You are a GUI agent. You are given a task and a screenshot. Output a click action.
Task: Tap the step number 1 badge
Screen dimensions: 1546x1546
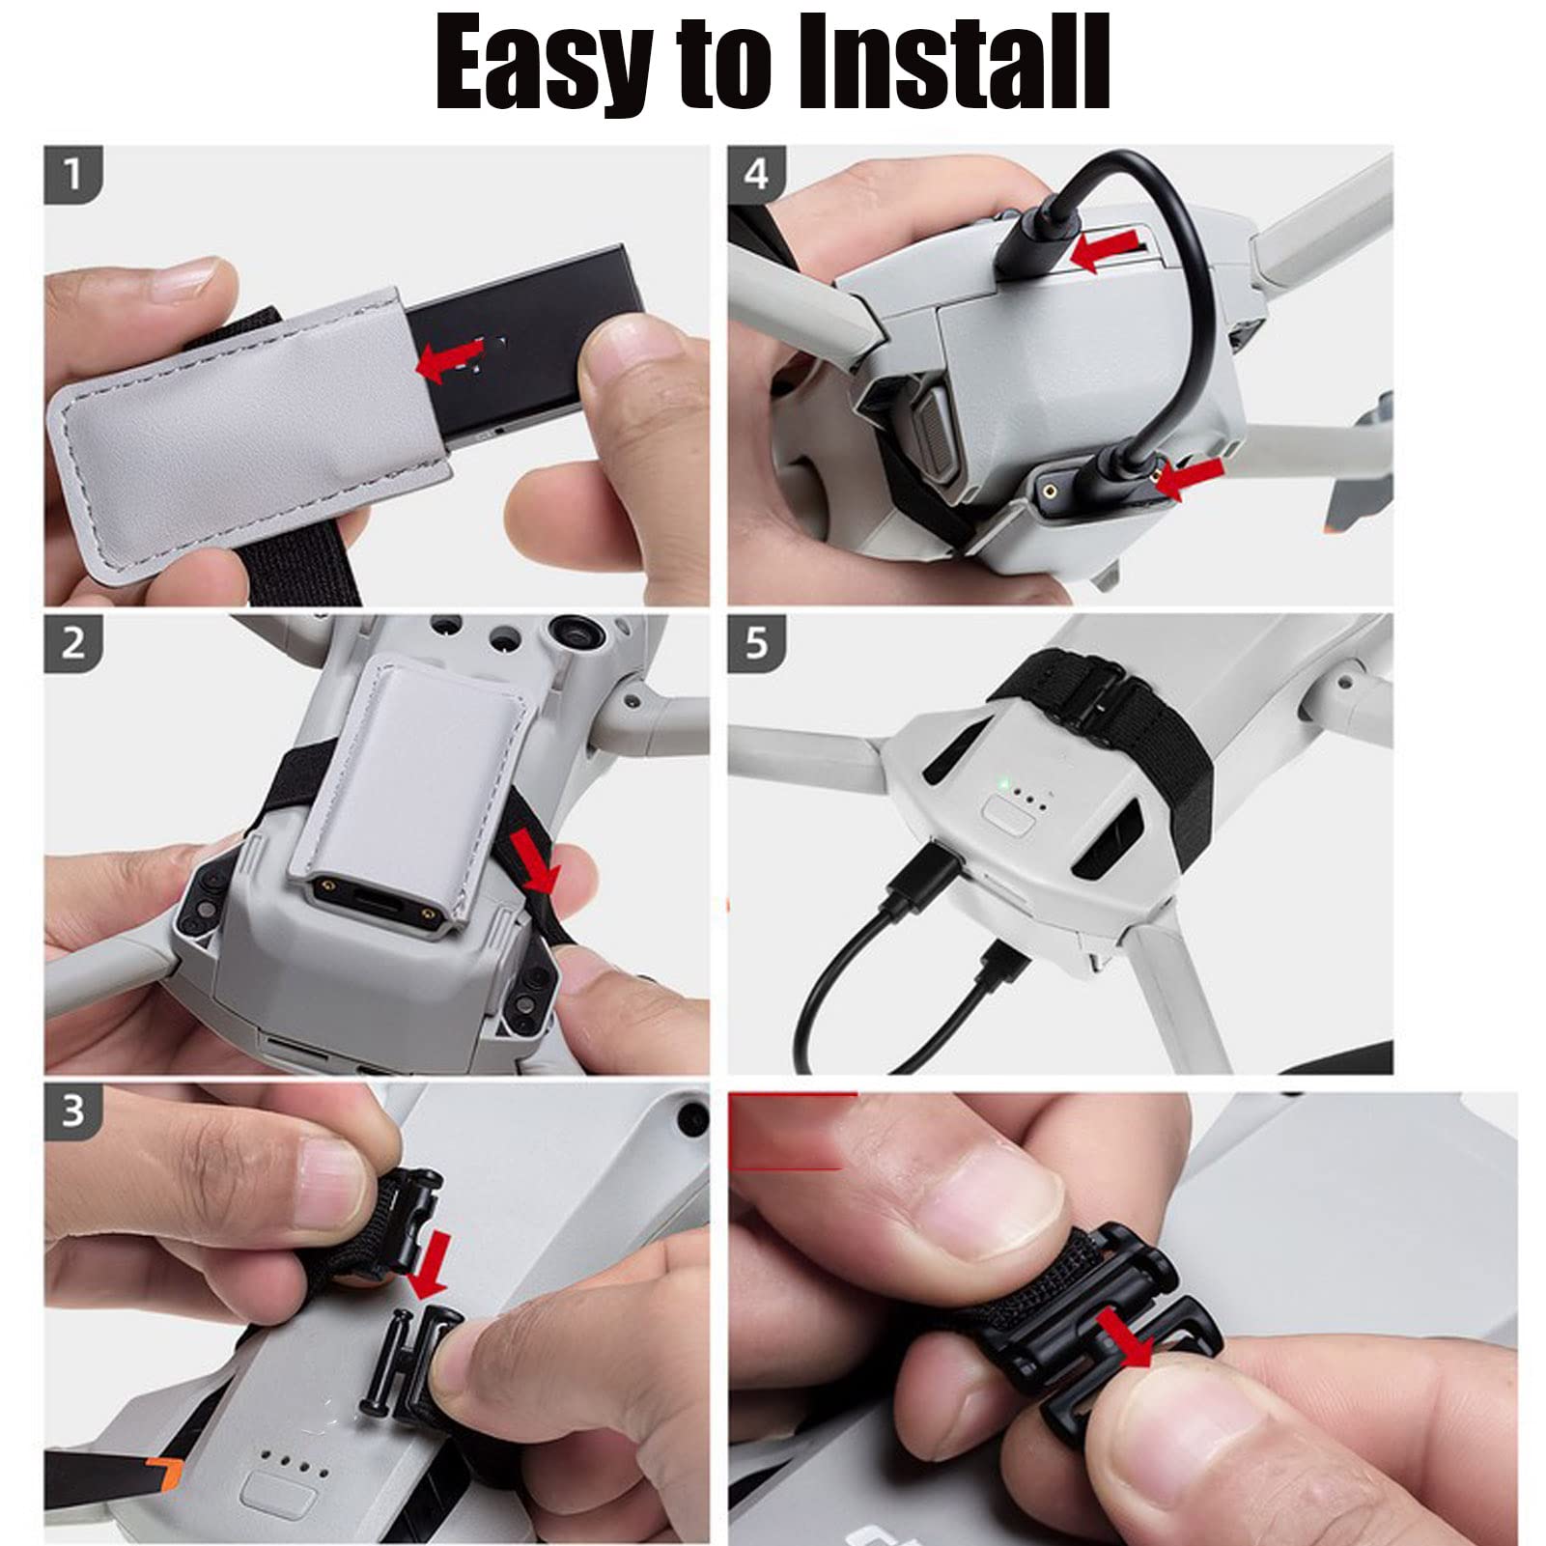(x=72, y=175)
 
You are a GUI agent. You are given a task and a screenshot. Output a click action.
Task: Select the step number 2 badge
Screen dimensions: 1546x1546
(x=72, y=643)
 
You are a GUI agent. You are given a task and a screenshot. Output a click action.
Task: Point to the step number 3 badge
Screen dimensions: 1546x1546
(x=72, y=1111)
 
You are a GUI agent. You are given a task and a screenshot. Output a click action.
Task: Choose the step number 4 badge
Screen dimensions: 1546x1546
(x=756, y=175)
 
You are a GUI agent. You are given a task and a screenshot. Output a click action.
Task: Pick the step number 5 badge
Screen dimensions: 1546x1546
(x=756, y=643)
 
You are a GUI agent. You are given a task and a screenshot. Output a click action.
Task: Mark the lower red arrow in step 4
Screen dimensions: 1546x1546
(x=1190, y=478)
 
